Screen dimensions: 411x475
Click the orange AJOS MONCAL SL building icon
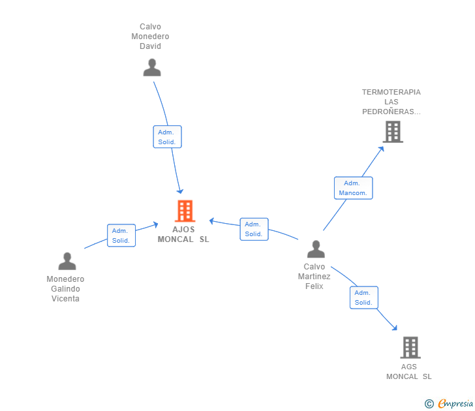(185, 211)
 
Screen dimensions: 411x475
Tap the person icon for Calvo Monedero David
(152, 68)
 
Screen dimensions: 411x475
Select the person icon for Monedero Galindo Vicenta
(67, 261)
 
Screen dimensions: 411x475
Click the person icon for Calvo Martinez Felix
(316, 249)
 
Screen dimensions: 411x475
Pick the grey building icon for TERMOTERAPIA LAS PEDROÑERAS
(392, 132)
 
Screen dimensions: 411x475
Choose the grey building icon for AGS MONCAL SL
(410, 347)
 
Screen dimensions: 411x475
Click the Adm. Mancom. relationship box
(353, 188)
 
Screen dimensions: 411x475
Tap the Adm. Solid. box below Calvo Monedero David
(167, 137)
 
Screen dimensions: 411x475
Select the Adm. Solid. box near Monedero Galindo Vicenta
(121, 236)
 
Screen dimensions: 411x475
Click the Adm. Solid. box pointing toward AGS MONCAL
(363, 297)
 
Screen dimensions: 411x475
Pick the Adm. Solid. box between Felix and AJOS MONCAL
(253, 229)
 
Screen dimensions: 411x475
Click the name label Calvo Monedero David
(150, 37)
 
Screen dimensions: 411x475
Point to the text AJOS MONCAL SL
(183, 234)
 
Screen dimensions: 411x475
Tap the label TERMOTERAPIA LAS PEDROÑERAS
(391, 102)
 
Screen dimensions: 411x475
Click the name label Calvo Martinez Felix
(314, 277)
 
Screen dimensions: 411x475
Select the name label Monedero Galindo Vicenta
(65, 289)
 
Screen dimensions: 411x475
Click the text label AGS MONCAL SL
(409, 371)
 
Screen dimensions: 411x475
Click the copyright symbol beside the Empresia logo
(429, 404)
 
